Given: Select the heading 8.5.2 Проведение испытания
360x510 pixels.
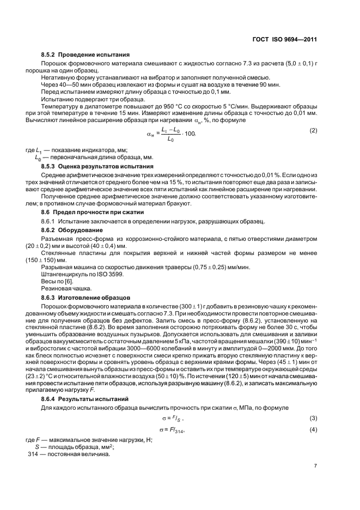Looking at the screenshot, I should click(x=85, y=54).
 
